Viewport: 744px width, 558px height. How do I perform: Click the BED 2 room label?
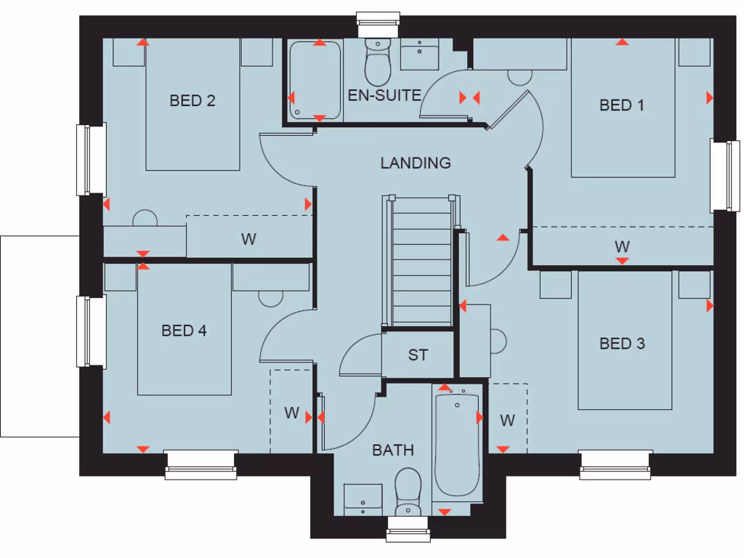193,100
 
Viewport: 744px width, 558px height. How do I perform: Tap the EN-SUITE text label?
384,95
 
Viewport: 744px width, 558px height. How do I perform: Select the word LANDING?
416,163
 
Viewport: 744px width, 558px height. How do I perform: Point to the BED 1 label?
622,105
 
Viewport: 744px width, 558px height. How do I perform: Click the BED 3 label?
622,343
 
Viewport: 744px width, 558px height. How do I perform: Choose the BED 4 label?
184,331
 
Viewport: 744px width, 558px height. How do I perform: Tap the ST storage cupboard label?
418,355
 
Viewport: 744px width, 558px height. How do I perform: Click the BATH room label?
393,450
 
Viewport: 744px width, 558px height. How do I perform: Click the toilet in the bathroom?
408,490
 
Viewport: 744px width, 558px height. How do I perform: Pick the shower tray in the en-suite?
315,80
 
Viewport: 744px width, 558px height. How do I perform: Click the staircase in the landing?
421,262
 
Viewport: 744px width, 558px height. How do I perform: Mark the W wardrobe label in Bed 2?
248,239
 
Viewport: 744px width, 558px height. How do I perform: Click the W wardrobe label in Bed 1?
622,246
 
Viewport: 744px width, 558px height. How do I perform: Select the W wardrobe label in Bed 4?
291,413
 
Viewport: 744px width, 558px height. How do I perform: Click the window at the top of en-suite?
379,24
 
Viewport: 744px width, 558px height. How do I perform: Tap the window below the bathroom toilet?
408,529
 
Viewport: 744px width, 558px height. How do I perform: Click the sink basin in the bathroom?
363,499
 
